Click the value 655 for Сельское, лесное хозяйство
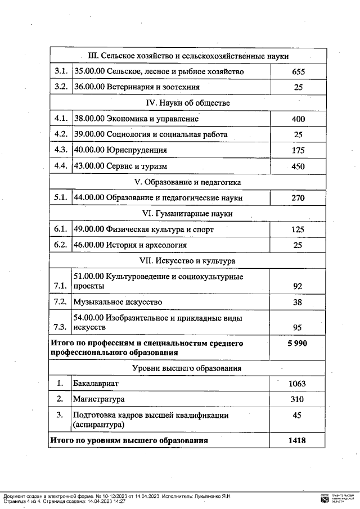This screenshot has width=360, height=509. click(x=298, y=72)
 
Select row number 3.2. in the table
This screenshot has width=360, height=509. click(x=61, y=87)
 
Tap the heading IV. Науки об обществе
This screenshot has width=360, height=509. click(x=188, y=103)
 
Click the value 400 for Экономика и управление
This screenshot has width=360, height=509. click(x=298, y=119)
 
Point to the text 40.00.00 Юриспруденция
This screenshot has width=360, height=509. click(x=120, y=150)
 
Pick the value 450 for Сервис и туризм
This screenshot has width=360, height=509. click(x=298, y=166)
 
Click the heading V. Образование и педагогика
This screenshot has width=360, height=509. click(x=188, y=182)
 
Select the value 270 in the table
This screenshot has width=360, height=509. click(x=298, y=198)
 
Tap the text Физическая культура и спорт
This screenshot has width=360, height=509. click(x=143, y=229)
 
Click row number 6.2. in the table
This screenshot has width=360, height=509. click(x=61, y=245)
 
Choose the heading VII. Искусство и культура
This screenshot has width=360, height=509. click(x=188, y=261)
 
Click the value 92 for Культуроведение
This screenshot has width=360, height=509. click(x=298, y=286)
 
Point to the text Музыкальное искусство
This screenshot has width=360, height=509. click(x=118, y=302)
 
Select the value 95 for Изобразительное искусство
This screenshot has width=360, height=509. click(x=298, y=327)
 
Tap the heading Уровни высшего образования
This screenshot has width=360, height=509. click(x=188, y=368)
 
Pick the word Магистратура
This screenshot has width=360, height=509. click(x=98, y=399)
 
